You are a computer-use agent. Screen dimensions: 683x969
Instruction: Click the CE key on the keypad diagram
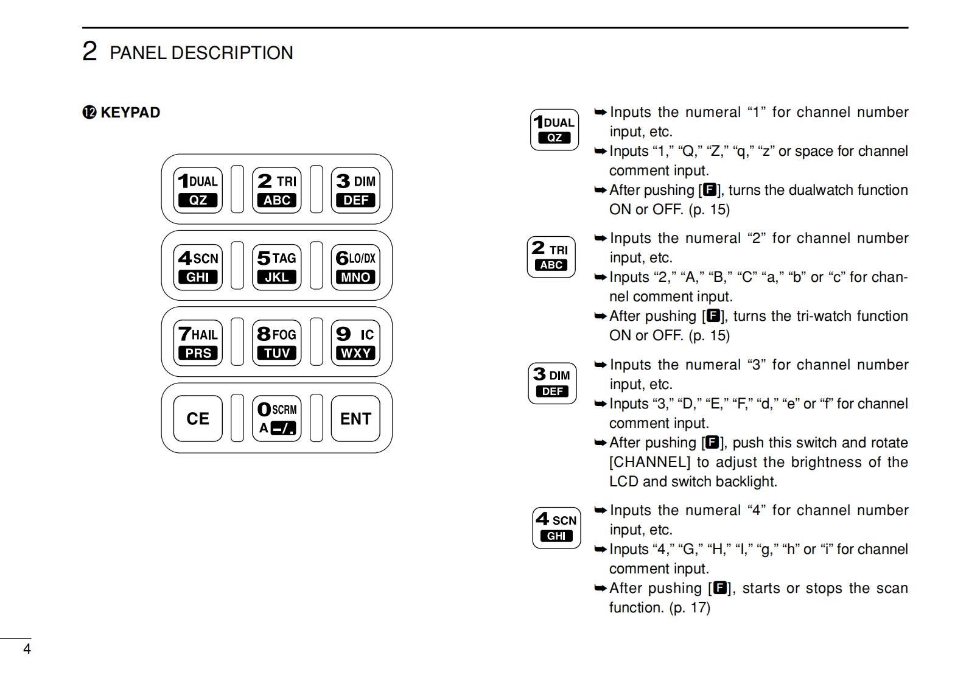[x=198, y=418]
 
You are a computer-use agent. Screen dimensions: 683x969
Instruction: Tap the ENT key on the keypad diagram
[x=355, y=418]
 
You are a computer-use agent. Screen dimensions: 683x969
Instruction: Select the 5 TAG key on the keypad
[x=277, y=266]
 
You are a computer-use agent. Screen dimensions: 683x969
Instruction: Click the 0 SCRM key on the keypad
[x=277, y=418]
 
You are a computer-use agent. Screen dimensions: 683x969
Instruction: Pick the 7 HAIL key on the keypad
[x=198, y=343]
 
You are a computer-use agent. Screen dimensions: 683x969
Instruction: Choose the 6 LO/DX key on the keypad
[x=355, y=266]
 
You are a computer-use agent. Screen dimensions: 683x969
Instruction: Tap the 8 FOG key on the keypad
[x=277, y=343]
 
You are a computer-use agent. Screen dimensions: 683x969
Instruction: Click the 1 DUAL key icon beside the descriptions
[x=554, y=130]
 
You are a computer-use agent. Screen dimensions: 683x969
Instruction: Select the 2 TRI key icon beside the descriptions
[x=551, y=257]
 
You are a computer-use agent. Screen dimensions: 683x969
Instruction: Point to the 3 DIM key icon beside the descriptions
[x=552, y=383]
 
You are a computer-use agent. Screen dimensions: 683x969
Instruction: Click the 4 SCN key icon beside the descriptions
[x=556, y=528]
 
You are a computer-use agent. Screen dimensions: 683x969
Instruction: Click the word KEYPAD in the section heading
[x=130, y=113]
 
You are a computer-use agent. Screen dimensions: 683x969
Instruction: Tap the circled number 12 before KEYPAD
[x=89, y=113]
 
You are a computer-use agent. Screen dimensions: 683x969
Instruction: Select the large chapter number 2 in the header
[x=89, y=52]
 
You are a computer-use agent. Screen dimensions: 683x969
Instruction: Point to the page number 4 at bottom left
[x=27, y=649]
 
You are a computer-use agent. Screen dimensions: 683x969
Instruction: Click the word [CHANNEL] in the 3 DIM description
[x=649, y=462]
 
